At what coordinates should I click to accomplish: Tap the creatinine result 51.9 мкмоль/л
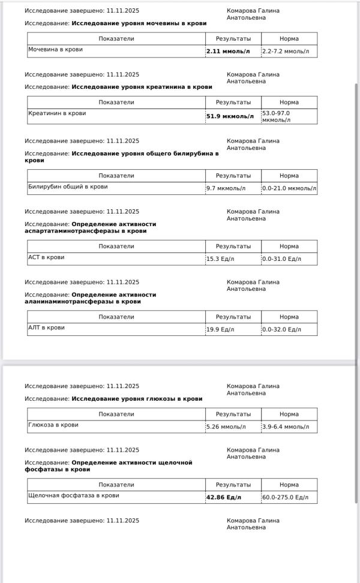230,116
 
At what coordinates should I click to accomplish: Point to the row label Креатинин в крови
57,113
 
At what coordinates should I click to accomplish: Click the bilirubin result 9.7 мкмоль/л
226,188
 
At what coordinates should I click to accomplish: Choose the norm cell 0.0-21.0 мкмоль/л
289,188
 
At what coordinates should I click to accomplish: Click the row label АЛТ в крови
46,328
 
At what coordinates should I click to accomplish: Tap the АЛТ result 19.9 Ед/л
220,329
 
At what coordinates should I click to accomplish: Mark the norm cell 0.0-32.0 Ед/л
281,329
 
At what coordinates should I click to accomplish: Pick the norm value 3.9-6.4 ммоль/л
286,427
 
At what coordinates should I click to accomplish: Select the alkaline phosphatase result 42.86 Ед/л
223,497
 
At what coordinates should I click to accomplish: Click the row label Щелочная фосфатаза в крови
74,495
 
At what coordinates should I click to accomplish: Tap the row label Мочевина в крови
55,49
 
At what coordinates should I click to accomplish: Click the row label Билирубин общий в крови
68,187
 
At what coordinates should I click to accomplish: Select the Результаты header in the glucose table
233,414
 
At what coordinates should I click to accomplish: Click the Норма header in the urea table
289,38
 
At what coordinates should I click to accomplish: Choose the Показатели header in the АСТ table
116,247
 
